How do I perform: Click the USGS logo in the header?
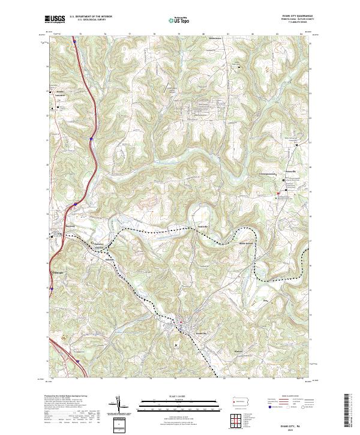55,19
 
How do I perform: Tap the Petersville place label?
291,171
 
